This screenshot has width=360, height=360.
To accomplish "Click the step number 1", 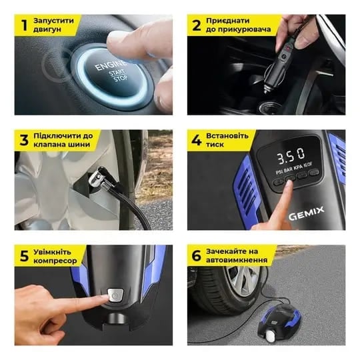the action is (25, 25).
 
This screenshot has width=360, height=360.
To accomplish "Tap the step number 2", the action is (197, 25).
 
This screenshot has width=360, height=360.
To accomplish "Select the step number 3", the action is (24, 140).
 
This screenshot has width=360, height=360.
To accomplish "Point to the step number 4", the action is (197, 140).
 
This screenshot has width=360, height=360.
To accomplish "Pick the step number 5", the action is (24, 256).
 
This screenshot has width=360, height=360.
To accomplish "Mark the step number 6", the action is (197, 256).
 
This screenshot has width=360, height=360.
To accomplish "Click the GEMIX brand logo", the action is (306, 213).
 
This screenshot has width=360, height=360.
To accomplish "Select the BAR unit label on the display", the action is (288, 170).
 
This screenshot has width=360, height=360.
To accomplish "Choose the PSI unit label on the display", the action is (279, 172).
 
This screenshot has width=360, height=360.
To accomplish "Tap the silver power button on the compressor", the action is (115, 296).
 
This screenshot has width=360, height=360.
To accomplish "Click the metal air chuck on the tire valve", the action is (101, 180).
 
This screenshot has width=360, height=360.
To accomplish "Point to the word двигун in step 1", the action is (47, 29).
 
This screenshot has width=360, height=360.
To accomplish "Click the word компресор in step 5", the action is (55, 261).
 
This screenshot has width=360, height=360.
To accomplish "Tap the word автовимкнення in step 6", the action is (237, 260).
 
